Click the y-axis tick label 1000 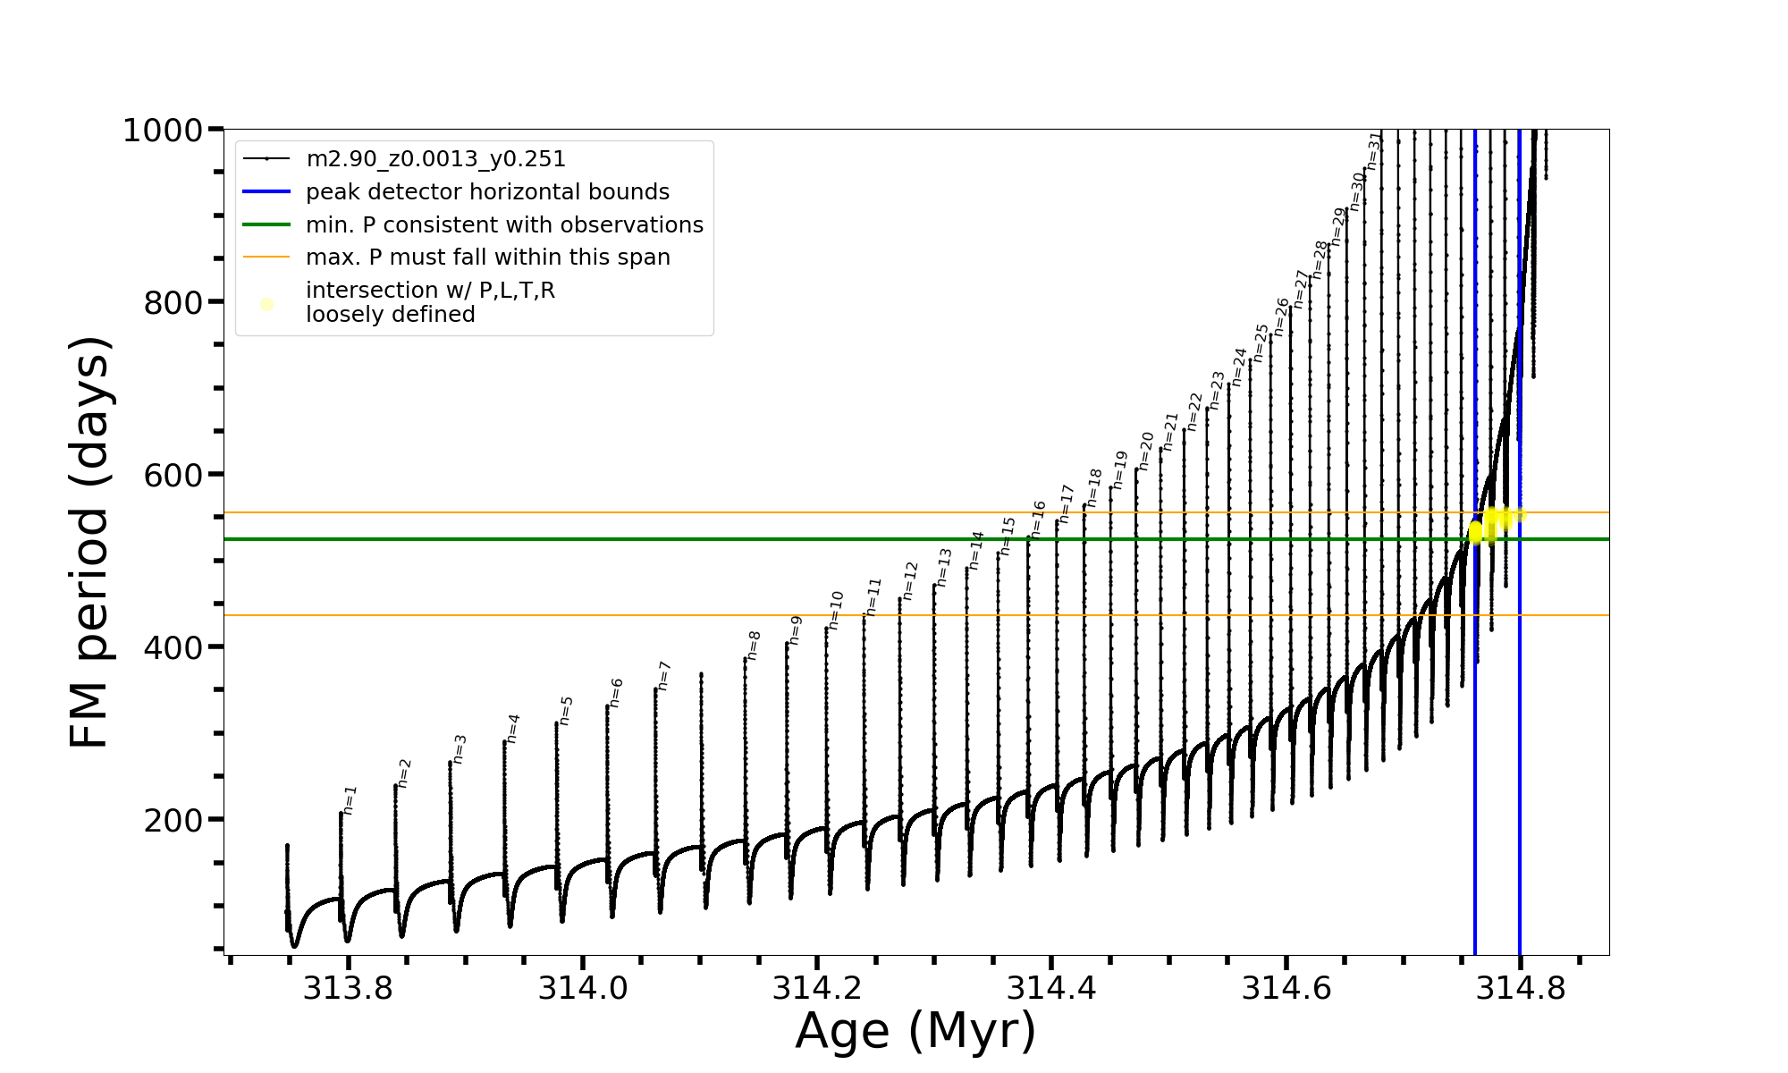coord(163,131)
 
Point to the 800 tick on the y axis coord(173,303)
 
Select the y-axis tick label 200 coord(173,820)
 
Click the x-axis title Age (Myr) coord(915,1031)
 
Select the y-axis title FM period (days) coord(90,542)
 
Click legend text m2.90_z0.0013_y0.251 coord(435,159)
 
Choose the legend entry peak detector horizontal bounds coord(487,192)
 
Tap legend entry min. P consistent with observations coord(504,224)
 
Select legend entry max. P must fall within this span coord(487,258)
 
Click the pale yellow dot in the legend coord(266,304)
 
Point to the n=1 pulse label coord(350,800)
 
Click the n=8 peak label coord(754,645)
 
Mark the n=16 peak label coord(1038,519)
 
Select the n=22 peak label coord(1195,411)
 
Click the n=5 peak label coord(566,710)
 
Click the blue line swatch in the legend coord(266,192)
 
